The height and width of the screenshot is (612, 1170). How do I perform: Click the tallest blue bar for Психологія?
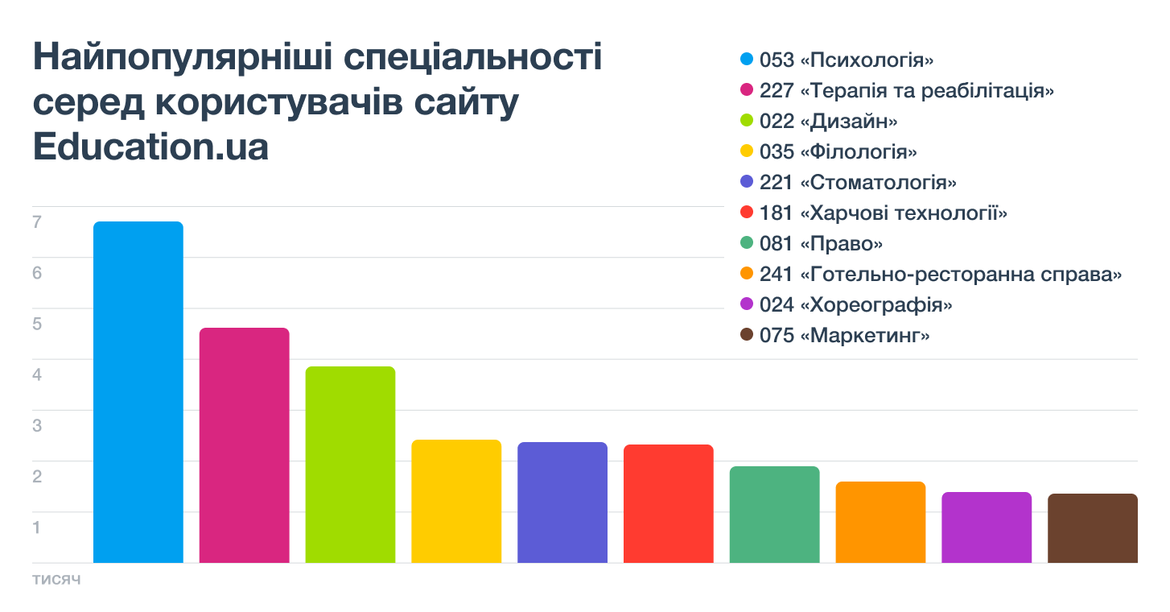[138, 392]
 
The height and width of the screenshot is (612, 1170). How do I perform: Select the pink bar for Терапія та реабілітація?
[244, 445]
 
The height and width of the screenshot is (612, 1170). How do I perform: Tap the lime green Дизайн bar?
[350, 465]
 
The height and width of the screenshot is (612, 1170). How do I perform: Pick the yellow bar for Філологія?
[456, 501]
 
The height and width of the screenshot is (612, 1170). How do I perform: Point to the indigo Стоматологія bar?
[562, 502]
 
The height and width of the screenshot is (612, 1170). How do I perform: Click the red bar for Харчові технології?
[669, 503]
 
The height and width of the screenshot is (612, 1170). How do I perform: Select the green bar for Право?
[774, 515]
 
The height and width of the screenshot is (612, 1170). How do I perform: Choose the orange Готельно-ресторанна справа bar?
[880, 522]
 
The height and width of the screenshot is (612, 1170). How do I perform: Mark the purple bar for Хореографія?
[987, 527]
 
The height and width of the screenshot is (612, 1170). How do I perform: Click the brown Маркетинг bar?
[1093, 528]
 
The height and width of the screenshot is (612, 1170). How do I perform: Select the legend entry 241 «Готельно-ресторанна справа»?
[940, 275]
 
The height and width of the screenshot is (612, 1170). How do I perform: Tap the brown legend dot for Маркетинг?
[746, 335]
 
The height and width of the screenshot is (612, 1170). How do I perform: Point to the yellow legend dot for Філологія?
[746, 151]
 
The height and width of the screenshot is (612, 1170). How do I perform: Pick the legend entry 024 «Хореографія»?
[856, 305]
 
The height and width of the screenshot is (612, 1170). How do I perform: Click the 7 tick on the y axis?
[37, 222]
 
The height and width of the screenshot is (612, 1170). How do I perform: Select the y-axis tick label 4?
[37, 374]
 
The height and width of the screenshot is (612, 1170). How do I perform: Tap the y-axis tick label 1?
[37, 527]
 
